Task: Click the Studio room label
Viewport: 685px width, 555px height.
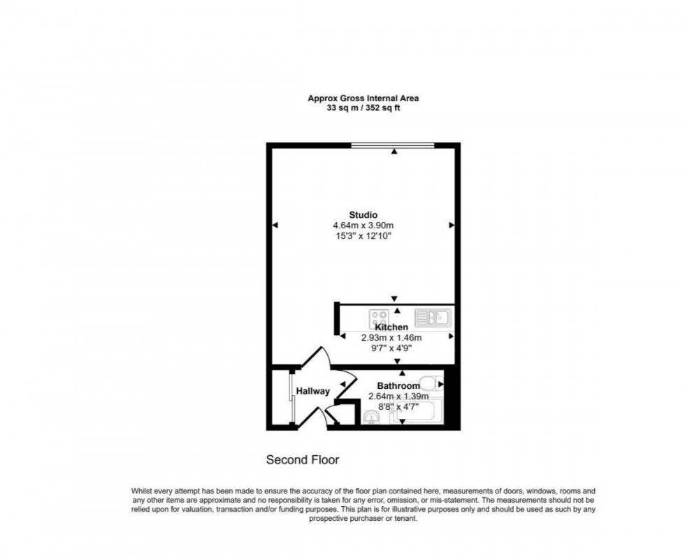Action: tap(363, 214)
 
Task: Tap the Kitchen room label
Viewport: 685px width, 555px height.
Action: tap(391, 327)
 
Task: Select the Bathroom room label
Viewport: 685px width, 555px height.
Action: tap(398, 386)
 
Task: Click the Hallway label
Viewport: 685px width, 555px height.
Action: tap(312, 391)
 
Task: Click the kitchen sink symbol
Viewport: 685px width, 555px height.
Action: tap(433, 318)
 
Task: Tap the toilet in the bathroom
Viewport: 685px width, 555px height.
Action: tap(434, 383)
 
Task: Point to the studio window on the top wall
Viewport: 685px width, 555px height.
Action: tap(392, 145)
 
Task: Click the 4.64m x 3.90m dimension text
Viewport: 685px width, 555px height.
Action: tap(363, 225)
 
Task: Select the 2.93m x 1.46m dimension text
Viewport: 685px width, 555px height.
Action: tap(391, 337)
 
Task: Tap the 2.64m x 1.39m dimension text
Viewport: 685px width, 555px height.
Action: tap(398, 397)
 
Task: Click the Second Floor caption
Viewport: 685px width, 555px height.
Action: tap(303, 460)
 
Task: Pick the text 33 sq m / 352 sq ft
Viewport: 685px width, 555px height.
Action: tap(363, 108)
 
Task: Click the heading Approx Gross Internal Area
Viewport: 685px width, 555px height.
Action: tap(363, 98)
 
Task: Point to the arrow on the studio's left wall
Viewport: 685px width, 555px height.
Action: tap(275, 225)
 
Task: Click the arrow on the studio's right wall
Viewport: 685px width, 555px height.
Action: tap(452, 225)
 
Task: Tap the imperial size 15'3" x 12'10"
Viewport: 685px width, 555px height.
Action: tap(363, 236)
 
